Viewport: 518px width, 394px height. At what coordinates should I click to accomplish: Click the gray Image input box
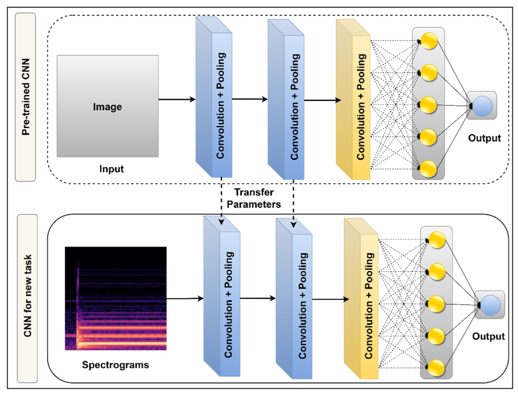click(107, 106)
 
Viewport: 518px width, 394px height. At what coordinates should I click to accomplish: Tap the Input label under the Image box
click(111, 169)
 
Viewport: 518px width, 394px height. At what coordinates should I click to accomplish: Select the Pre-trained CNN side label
click(26, 97)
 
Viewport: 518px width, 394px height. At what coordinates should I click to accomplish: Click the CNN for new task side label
click(27, 296)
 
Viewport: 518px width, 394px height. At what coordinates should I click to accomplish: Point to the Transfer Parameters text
click(254, 198)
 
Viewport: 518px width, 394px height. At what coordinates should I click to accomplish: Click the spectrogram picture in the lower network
click(116, 298)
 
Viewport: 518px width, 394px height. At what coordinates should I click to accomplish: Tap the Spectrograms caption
click(115, 365)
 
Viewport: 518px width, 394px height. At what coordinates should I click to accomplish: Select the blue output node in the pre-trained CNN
click(483, 106)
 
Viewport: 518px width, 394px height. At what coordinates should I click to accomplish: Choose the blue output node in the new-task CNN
click(490, 305)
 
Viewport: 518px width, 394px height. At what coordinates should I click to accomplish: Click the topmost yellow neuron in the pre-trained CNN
click(429, 41)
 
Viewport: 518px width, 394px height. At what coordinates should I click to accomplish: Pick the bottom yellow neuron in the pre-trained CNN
click(428, 169)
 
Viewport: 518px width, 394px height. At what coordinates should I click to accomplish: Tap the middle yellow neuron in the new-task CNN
click(436, 304)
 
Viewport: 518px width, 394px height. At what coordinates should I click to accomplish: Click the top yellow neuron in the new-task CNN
click(437, 240)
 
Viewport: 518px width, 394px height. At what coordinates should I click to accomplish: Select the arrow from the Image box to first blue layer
click(177, 99)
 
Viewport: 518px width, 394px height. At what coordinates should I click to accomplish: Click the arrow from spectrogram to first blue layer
click(185, 299)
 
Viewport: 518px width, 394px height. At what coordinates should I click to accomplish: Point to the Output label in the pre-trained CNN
click(484, 138)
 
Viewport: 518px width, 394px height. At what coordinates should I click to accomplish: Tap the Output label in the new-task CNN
click(488, 336)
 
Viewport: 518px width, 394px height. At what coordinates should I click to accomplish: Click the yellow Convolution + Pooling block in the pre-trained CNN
click(353, 99)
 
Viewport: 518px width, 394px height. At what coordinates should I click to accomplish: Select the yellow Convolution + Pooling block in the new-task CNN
click(361, 298)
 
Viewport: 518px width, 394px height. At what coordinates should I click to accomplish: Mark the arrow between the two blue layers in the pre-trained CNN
click(250, 99)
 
